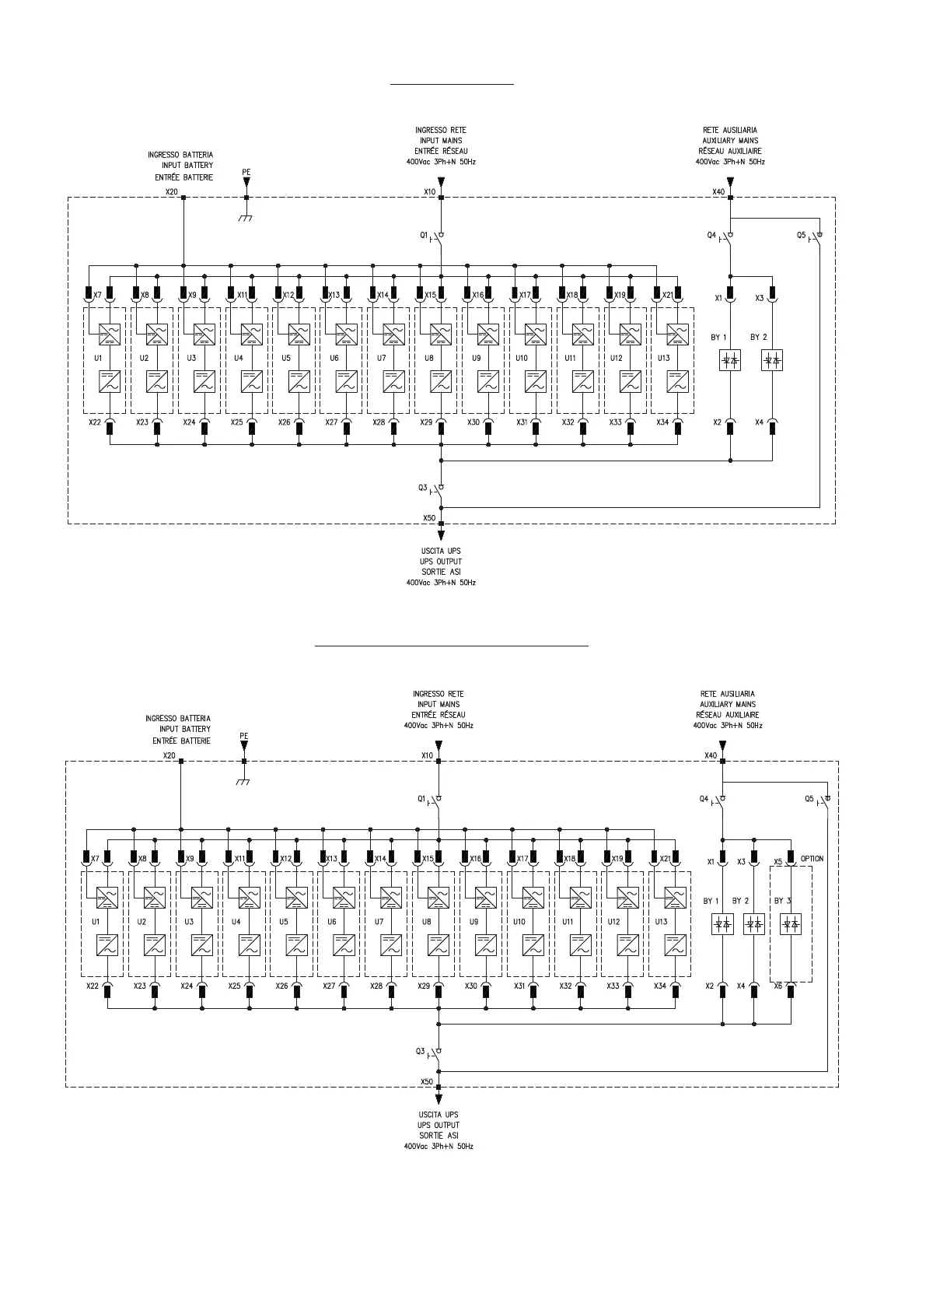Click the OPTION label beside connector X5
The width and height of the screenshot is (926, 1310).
tap(812, 859)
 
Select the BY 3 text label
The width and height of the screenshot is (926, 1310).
tap(782, 901)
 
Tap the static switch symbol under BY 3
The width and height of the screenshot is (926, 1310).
tap(791, 924)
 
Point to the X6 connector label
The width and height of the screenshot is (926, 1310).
tap(777, 986)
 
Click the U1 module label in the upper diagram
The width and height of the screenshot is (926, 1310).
tap(98, 358)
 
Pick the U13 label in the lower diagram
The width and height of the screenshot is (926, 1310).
tap(661, 922)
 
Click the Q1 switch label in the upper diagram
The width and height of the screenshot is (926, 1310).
tap(424, 235)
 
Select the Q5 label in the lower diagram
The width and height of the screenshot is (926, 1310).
tap(809, 799)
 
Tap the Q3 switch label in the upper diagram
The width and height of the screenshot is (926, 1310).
tap(423, 488)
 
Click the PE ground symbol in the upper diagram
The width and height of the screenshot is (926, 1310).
tap(246, 218)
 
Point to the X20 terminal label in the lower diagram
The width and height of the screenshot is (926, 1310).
tap(169, 755)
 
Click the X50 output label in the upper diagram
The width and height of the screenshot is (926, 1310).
tap(429, 517)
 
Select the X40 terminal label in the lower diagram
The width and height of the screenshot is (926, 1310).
tap(710, 755)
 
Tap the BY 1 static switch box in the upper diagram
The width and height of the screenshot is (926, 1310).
tap(730, 361)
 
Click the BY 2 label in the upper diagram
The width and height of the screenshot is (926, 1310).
tap(758, 338)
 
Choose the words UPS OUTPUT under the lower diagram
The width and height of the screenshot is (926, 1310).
tap(439, 1125)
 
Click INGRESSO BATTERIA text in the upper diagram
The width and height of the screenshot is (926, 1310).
tap(180, 155)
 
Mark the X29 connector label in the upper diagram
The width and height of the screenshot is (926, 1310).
tap(426, 422)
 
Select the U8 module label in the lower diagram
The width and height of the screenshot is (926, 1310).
tap(426, 922)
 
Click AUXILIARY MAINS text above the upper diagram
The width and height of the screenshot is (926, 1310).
tap(729, 141)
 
